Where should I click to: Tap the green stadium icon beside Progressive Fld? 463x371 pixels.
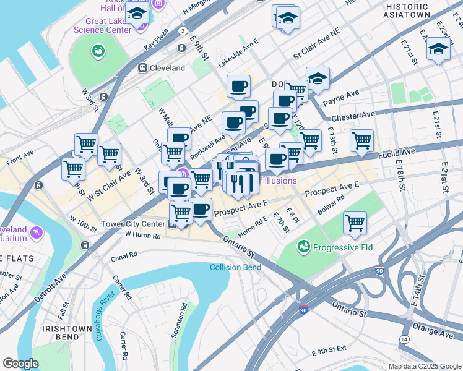pos(303,248)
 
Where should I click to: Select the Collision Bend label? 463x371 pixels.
pos(235,267)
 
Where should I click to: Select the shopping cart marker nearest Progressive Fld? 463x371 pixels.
pos(355,222)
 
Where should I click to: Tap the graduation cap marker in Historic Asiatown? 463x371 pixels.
pos(438,49)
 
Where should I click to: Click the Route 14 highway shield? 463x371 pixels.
pos(404,339)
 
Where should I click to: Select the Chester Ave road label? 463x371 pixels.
pos(353,115)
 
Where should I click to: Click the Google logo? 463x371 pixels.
pos(20,364)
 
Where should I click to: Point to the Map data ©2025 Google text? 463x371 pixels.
pos(424,366)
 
